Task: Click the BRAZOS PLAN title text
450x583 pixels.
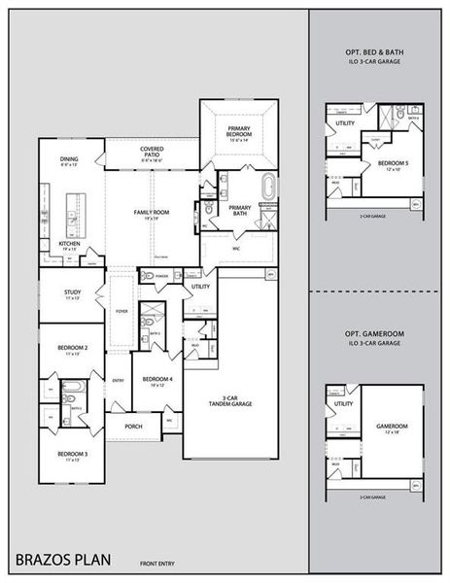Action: (63, 560)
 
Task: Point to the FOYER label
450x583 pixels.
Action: (122, 311)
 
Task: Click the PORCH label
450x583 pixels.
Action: (135, 426)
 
